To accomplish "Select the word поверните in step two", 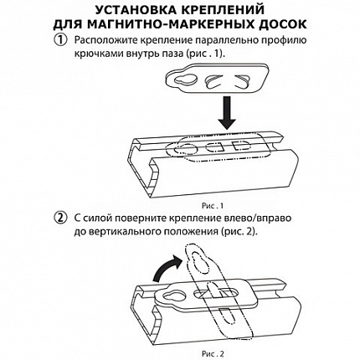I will pyautogui.click(x=139, y=219).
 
